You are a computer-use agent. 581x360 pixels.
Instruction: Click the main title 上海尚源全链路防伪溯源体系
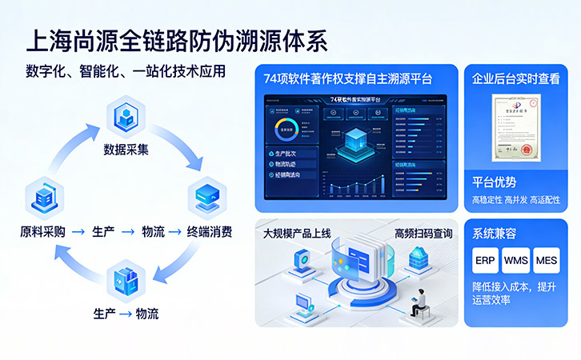pyautogui.click(x=177, y=40)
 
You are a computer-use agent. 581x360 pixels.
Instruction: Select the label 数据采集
pyautogui.click(x=126, y=149)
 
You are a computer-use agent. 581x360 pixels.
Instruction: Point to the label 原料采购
pyautogui.click(x=42, y=232)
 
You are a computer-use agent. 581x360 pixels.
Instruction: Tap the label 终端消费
pyautogui.click(x=210, y=232)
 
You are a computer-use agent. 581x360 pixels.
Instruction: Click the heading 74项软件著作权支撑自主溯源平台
pyautogui.click(x=348, y=78)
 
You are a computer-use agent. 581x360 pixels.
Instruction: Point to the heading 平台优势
pyautogui.click(x=494, y=182)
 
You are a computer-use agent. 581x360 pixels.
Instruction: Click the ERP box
pyautogui.click(x=485, y=261)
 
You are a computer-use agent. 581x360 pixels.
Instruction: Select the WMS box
pyautogui.click(x=516, y=261)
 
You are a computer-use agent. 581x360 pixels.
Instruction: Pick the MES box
pyautogui.click(x=547, y=261)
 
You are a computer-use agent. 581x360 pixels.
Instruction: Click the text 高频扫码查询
pyautogui.click(x=423, y=234)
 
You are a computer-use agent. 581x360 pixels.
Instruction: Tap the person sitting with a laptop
pyautogui.click(x=419, y=302)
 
